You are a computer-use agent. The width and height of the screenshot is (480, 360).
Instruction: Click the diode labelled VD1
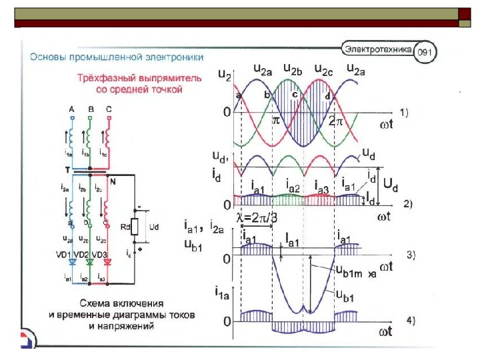pyautogui.click(x=71, y=261)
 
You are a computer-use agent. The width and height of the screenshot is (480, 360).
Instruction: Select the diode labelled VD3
pyautogui.click(x=107, y=261)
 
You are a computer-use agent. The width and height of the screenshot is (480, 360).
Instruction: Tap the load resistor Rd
pyautogui.click(x=135, y=227)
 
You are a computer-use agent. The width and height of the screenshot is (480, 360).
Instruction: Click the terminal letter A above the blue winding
pyautogui.click(x=71, y=109)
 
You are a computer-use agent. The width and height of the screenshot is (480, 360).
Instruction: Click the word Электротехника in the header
pyautogui.click(x=379, y=48)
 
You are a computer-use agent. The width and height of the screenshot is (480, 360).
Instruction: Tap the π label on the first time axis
pyautogui.click(x=276, y=120)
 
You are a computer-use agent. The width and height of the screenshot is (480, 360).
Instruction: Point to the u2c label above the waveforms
pyautogui.click(x=324, y=69)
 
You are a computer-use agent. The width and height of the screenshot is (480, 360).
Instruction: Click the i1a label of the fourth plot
pyautogui.click(x=223, y=291)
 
